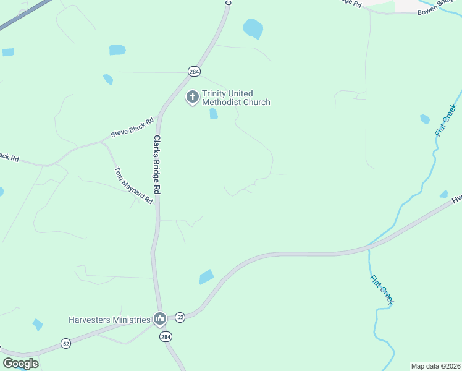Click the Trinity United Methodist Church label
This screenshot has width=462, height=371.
click(x=237, y=98)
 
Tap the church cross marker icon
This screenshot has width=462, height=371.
click(x=192, y=96)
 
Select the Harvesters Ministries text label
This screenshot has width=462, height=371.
click(x=109, y=320)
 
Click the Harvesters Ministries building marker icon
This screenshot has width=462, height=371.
click(x=160, y=319)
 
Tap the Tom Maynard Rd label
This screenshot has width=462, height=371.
click(x=133, y=185)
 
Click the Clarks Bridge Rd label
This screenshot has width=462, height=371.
click(x=157, y=165)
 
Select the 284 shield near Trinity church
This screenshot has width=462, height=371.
click(x=195, y=71)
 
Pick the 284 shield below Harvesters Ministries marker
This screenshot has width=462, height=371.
click(x=166, y=336)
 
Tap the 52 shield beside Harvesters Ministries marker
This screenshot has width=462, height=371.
click(x=180, y=317)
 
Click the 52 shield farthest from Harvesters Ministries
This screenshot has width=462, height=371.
click(x=66, y=343)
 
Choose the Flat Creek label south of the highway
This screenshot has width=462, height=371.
click(x=382, y=289)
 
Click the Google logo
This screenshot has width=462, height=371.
click(x=20, y=364)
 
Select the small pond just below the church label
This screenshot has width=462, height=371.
click(x=214, y=114)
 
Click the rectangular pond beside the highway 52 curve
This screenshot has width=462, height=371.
click(x=206, y=277)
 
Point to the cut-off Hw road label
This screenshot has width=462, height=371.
click(x=456, y=199)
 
